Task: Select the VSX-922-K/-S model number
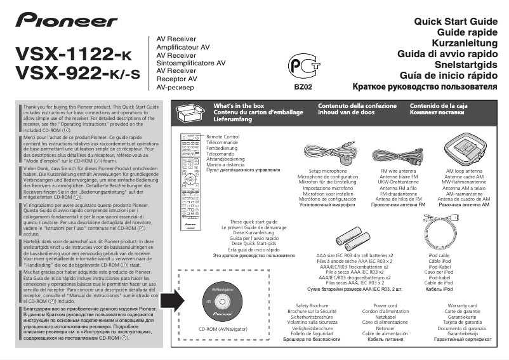click(77, 74)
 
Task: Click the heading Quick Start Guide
click(455, 22)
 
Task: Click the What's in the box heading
click(239, 105)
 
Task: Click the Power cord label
click(385, 305)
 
